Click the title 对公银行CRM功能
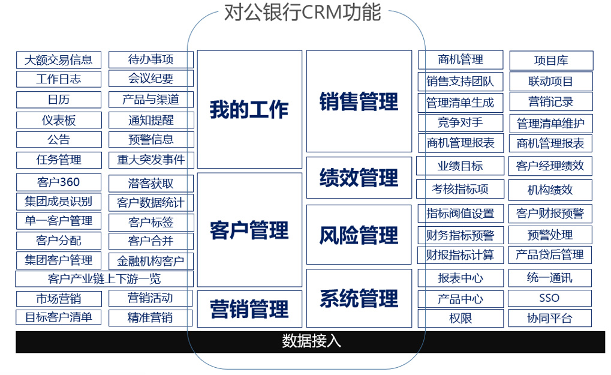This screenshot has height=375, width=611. (302, 13)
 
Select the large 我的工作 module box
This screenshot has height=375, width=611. (249, 109)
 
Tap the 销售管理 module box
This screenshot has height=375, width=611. (359, 101)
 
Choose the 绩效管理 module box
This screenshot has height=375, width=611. (359, 178)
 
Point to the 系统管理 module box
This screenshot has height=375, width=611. (359, 298)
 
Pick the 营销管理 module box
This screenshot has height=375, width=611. (249, 309)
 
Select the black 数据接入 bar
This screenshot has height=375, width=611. (311, 341)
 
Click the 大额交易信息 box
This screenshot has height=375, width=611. (58, 60)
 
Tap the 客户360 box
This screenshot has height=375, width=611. (58, 182)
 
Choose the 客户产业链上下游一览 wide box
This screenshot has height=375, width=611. (104, 279)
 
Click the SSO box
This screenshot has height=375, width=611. (549, 298)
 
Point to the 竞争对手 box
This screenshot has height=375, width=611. (460, 123)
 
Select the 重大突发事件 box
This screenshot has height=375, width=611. (151, 160)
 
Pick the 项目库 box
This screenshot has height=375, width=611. (550, 61)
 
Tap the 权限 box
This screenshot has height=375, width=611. (460, 319)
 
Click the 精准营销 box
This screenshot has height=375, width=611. (151, 318)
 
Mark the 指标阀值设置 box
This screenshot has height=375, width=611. (460, 214)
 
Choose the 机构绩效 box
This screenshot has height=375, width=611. (550, 190)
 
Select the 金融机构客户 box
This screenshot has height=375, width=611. (151, 262)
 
